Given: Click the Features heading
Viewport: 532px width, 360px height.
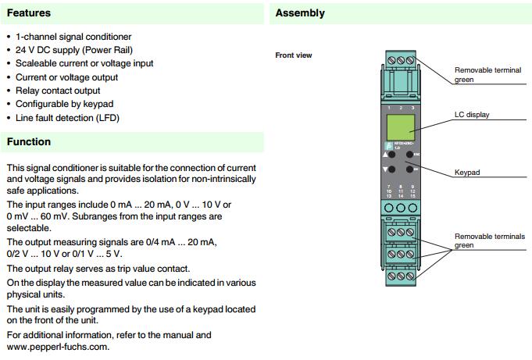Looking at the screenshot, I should point(29,13).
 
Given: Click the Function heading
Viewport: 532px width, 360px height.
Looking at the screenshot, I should point(29,142).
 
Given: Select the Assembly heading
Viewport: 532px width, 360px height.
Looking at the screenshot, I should point(300,13).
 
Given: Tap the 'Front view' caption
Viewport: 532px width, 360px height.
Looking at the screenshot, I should point(294,55).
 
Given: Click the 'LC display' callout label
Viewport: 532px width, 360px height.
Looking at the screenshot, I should point(472,115).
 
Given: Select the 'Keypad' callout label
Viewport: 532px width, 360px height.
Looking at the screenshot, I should point(467,172).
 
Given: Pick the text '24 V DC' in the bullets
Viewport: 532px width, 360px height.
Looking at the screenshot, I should point(34,50).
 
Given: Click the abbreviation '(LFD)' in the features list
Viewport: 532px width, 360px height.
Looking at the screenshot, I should point(107,118).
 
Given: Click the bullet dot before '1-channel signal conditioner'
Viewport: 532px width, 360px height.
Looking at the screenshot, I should point(9,37).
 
